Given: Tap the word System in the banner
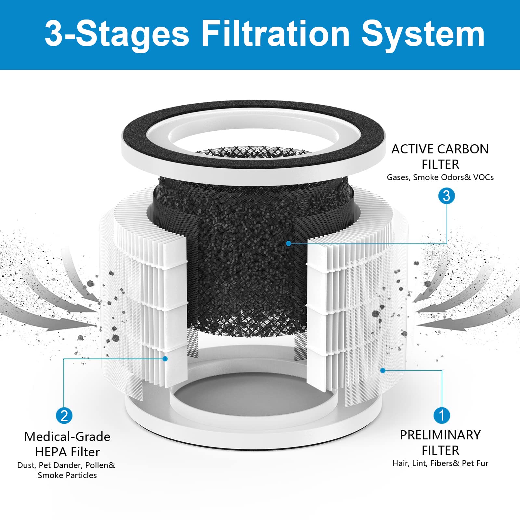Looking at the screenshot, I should (423, 34).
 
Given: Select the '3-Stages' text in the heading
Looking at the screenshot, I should (117, 34).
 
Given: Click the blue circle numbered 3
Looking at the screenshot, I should (447, 196).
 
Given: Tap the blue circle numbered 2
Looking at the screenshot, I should (64, 416).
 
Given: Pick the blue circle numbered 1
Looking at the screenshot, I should (442, 415).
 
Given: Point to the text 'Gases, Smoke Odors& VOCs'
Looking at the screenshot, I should (440, 177).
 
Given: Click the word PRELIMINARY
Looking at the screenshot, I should (440, 435).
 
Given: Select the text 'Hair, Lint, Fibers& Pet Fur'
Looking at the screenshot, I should (440, 463).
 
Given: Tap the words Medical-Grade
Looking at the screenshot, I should (67, 437).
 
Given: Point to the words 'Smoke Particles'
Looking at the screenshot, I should (67, 475).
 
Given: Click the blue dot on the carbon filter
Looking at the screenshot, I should (289, 243).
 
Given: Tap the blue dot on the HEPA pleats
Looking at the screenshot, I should (165, 359).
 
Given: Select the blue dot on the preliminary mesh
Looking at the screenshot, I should (383, 370).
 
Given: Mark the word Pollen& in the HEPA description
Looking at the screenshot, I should (100, 465).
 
